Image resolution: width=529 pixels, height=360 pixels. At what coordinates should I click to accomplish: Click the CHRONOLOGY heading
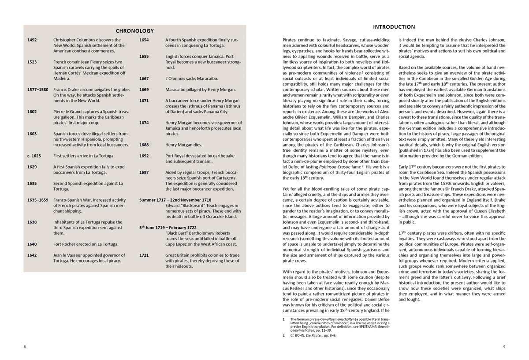tap(134, 31)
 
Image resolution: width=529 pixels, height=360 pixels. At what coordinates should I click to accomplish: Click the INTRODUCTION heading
tap(394, 27)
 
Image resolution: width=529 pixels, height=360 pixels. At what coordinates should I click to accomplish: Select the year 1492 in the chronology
tap(32, 40)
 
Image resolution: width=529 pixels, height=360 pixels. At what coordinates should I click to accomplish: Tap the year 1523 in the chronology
tap(32, 62)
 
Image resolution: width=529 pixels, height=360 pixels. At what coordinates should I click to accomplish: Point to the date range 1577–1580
tap(38, 90)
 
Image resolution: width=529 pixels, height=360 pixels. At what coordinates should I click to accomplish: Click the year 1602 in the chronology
tap(32, 112)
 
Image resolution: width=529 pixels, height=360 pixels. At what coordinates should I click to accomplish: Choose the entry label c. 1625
tap(34, 156)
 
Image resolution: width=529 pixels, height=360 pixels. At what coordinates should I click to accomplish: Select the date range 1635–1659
tap(38, 200)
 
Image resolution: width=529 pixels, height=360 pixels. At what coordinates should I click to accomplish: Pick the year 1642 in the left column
tap(32, 255)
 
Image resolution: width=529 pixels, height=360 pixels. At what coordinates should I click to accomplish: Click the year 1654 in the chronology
tap(144, 40)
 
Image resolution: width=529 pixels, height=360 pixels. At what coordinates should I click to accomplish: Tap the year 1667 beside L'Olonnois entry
tap(144, 79)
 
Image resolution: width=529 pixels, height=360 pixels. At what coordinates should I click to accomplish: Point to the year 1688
tap(144, 145)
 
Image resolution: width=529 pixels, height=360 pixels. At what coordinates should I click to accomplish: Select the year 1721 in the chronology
tap(144, 255)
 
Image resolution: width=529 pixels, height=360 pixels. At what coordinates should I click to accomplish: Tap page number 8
tap(25, 346)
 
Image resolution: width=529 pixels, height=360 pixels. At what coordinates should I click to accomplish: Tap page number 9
tap(504, 346)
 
